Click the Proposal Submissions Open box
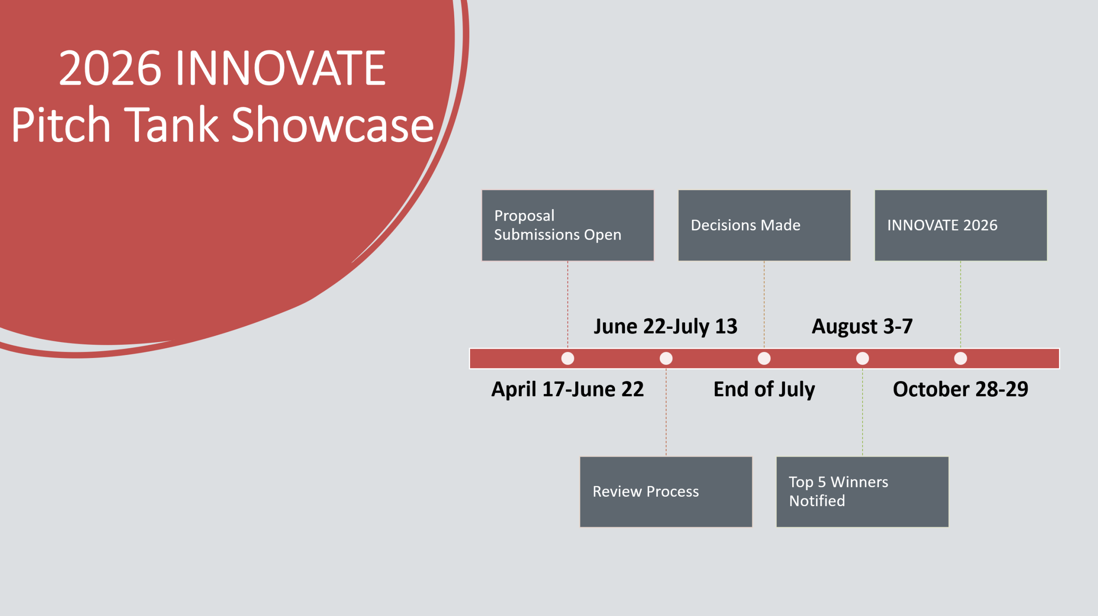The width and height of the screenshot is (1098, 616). tap(567, 225)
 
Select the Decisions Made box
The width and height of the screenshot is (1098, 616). tap(764, 225)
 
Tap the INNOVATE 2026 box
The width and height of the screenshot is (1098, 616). tap(960, 225)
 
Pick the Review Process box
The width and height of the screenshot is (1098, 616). tap(666, 492)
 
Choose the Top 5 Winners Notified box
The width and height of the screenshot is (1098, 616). tap(862, 492)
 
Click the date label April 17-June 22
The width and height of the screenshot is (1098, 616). tap(567, 389)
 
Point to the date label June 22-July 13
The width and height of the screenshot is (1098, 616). tap(666, 327)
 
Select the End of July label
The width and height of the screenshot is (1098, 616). tap(764, 389)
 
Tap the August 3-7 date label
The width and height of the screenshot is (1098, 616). tap(862, 327)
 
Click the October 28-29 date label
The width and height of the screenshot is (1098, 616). tap(960, 389)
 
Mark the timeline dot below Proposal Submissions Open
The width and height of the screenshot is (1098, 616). tap(567, 358)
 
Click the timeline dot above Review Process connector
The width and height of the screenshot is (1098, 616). tap(666, 358)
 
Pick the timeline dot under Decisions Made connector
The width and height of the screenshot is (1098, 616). tap(764, 358)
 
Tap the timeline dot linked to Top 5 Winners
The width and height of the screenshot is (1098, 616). tap(862, 358)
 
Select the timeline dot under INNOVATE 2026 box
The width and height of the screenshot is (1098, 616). tap(960, 358)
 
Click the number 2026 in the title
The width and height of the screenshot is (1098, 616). tap(110, 68)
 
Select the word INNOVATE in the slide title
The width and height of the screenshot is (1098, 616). tap(281, 68)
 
